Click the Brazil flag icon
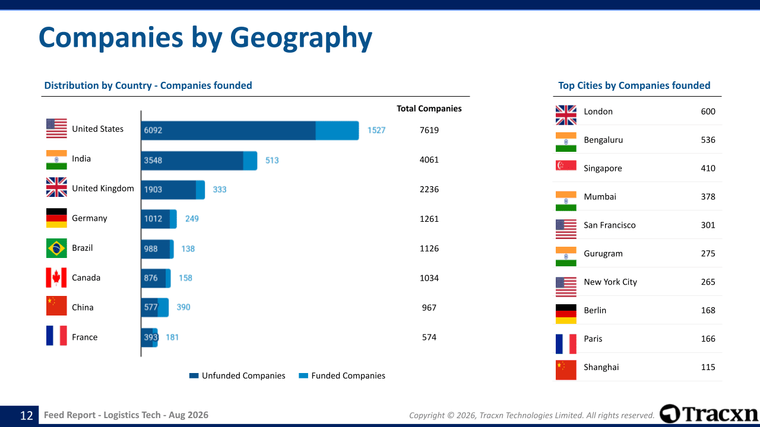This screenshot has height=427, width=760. coord(56,248)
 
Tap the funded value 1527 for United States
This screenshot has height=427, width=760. coord(376,130)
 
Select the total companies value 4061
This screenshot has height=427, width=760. coord(429,160)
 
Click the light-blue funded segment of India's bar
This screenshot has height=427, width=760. coord(250,161)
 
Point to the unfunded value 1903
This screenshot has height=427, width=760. coord(153,189)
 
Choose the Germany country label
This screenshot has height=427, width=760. coord(90,218)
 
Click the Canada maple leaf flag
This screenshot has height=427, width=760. coord(56,278)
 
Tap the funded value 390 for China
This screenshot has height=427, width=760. coord(183,307)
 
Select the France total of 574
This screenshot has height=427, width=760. coord(429,337)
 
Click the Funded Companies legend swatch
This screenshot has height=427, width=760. coord(303,375)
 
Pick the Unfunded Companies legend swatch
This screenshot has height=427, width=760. coord(194,375)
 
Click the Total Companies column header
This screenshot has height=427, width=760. coord(429,109)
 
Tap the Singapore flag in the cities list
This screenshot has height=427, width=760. coord(566,165)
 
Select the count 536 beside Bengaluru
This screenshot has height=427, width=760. coord(708,140)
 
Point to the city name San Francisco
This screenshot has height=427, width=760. coord(609,225)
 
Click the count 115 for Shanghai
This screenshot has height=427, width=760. coord(708,367)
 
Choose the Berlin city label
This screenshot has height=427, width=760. coord(595,310)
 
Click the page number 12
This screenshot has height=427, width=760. coord(27,416)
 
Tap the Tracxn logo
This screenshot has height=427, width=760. coord(708,414)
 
